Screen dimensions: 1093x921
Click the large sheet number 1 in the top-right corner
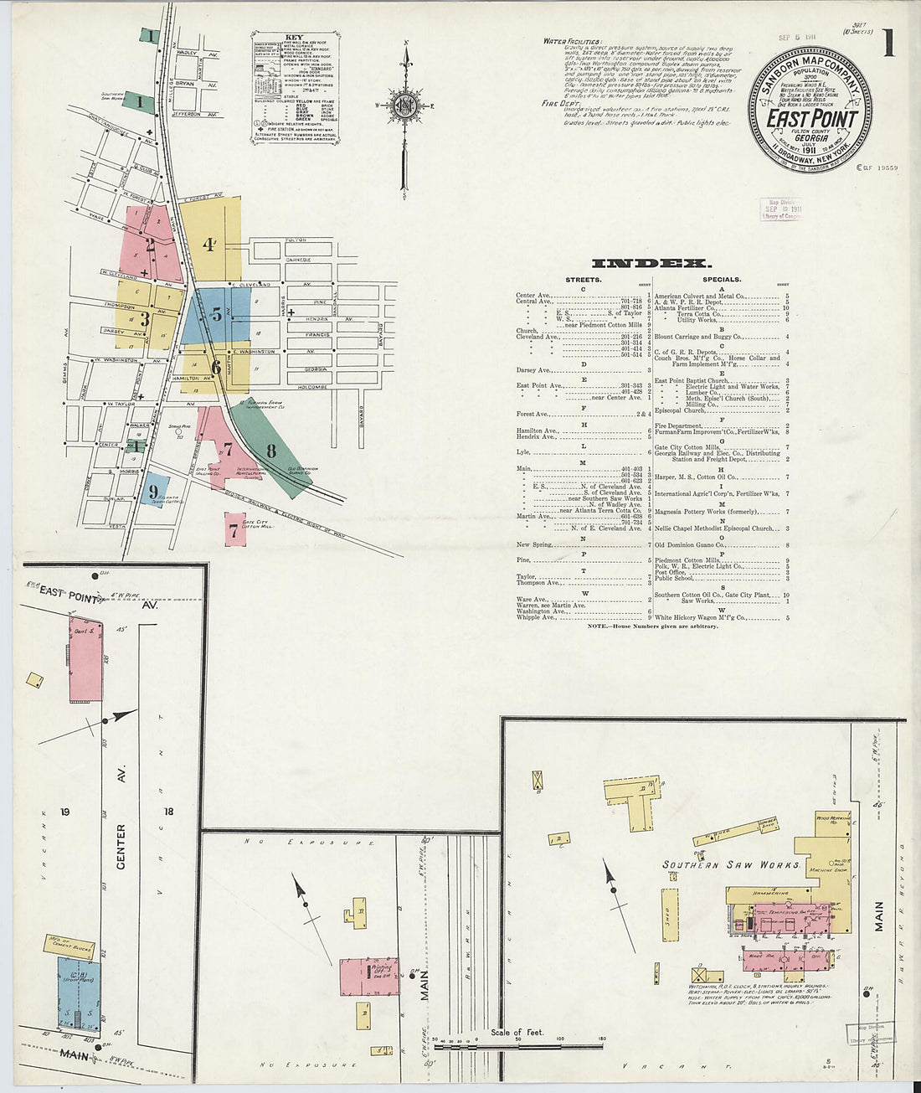tap(889, 44)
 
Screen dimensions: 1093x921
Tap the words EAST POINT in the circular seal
tap(811, 118)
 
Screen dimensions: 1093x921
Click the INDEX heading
tap(651, 263)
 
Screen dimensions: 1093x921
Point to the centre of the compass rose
tap(405, 106)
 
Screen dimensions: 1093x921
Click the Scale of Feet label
tap(517, 1032)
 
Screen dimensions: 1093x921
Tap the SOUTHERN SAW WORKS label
tap(731, 864)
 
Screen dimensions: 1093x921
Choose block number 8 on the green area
tap(271, 451)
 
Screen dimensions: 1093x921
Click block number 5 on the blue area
tap(216, 315)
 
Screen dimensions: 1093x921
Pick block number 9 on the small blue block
tap(153, 492)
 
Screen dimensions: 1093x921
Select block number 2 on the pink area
tap(150, 245)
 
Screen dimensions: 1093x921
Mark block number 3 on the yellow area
tap(144, 318)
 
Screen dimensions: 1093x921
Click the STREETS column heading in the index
tap(583, 280)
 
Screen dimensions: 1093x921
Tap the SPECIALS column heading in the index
tap(722, 280)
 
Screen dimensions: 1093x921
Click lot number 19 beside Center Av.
tap(64, 812)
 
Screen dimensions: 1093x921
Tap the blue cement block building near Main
tap(79, 993)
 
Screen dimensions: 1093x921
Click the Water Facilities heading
tap(571, 40)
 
